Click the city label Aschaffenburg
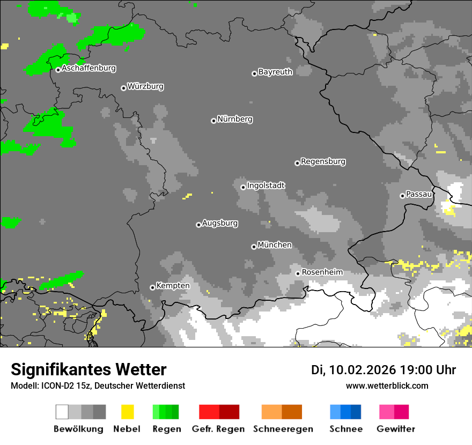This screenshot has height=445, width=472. [88, 69]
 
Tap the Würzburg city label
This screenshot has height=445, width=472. [145, 87]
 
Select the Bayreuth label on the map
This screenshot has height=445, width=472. [275, 72]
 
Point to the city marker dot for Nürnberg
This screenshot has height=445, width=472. [213, 121]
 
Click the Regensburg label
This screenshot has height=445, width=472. [323, 161]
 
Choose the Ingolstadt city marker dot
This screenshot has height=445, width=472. [243, 187]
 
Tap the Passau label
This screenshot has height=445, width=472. [419, 194]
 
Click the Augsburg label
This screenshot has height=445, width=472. [220, 224]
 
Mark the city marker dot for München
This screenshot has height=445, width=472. [254, 247]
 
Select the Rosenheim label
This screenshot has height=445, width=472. [322, 272]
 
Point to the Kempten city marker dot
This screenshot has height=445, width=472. [152, 287]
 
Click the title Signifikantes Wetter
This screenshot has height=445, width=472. [88, 370]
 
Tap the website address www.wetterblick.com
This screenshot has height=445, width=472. [387, 386]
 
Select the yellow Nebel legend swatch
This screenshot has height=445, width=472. [127, 412]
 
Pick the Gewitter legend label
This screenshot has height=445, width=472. [396, 429]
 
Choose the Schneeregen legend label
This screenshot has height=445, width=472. [283, 429]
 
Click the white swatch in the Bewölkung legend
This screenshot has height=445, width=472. [62, 412]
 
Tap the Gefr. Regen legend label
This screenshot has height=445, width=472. [218, 429]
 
